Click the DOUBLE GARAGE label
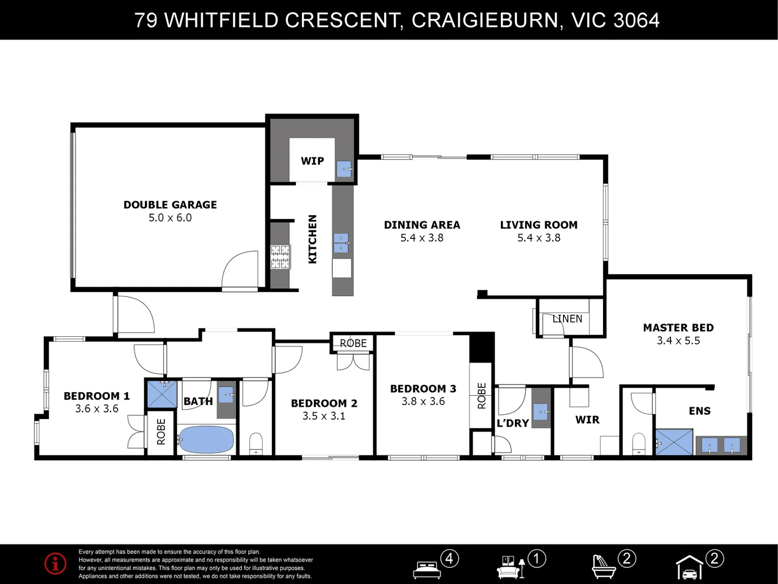point(170,204)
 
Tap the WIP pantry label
point(312,161)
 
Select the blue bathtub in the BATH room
point(206,439)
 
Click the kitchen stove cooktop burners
point(281,257)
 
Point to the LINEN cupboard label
point(567,319)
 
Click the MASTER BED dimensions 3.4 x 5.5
point(679,341)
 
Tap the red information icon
point(55,563)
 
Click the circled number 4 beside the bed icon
point(450,559)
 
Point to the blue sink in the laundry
point(541,412)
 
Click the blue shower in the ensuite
point(674,442)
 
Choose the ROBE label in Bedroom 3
point(481,396)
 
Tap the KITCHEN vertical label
point(312,239)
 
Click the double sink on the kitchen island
point(341,243)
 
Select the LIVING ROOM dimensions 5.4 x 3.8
point(539,238)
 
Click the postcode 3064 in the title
point(636,20)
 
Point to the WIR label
point(587,420)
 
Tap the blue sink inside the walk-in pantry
point(344,169)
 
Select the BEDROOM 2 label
point(324,403)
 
